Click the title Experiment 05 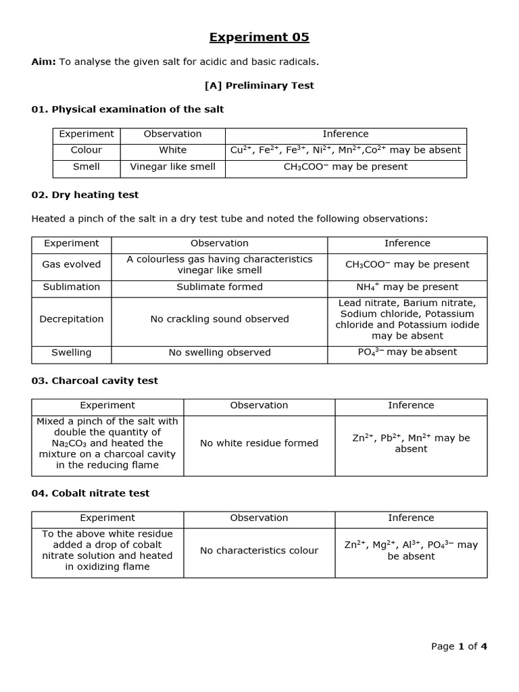tap(259, 37)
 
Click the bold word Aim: tap(44, 62)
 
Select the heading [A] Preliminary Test tap(259, 86)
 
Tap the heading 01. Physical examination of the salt tap(128, 109)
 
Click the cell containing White tap(173, 150)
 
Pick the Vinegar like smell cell tap(173, 167)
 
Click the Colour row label tap(86, 150)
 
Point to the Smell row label tap(86, 167)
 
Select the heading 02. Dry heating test tap(85, 195)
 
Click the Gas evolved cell tap(72, 265)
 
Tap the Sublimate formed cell tap(220, 287)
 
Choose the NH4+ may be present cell tap(407, 287)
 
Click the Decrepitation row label tap(72, 319)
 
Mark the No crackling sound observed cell tap(220, 319)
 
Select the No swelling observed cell tap(220, 353)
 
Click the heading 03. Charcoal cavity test tap(95, 380)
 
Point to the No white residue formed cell tap(259, 443)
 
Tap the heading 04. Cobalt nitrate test tap(91, 493)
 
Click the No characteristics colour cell tap(259, 551)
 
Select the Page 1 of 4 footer tap(459, 647)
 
